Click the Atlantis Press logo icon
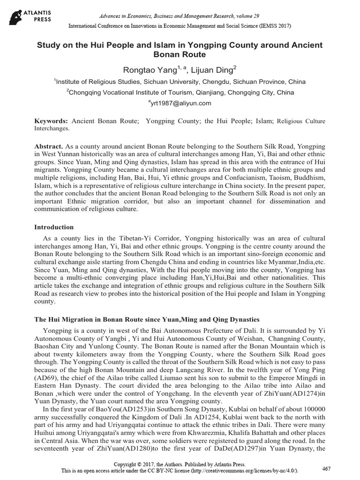pyautogui.click(x=18, y=15)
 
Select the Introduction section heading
pyautogui.click(x=54, y=227)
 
